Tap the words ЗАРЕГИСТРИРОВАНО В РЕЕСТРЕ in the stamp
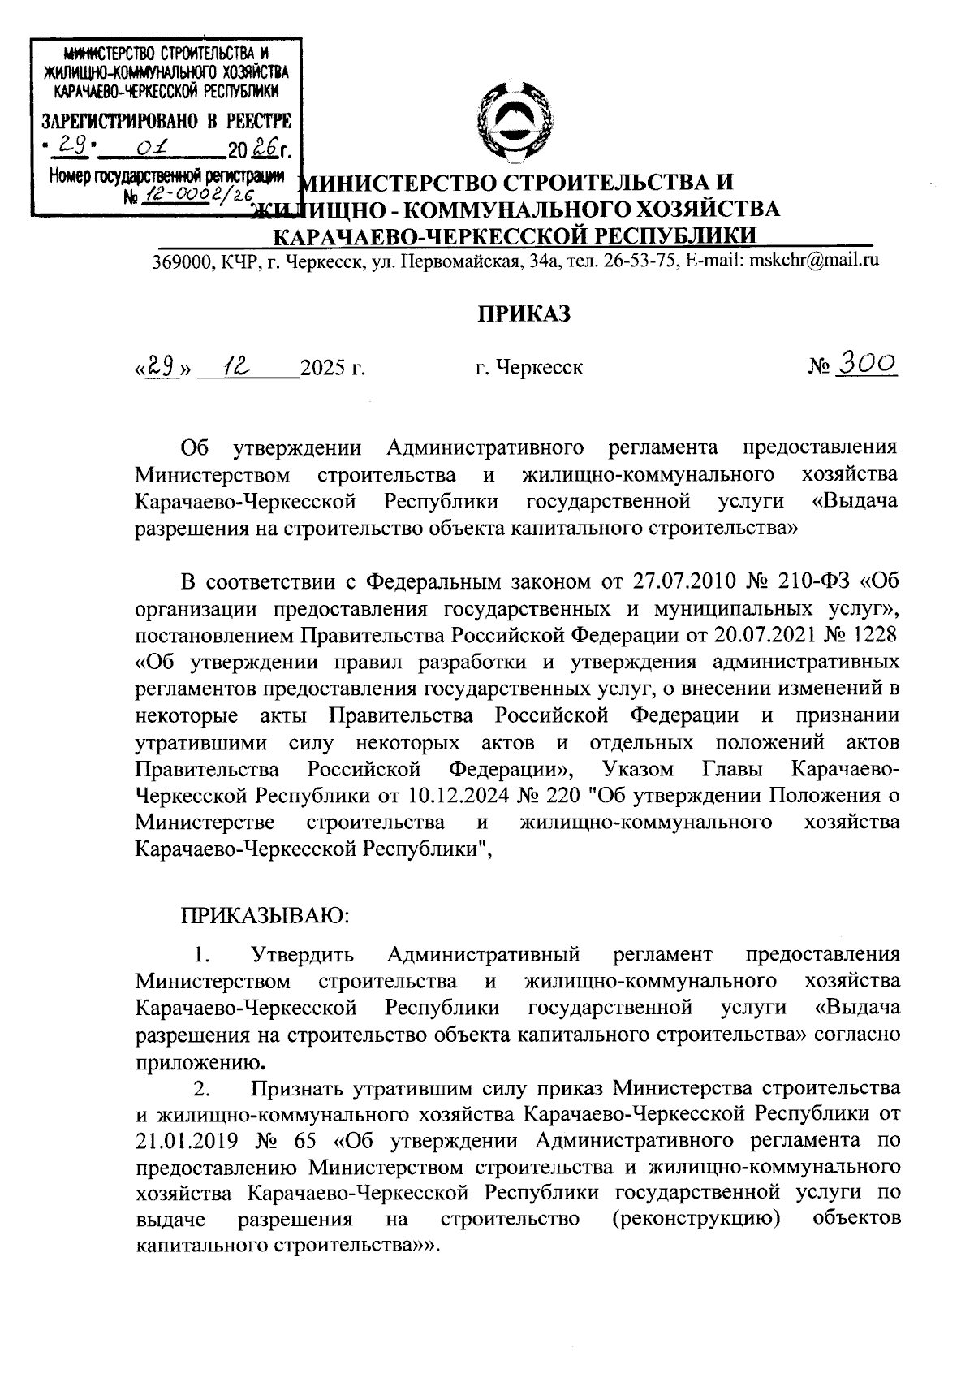(166, 123)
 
